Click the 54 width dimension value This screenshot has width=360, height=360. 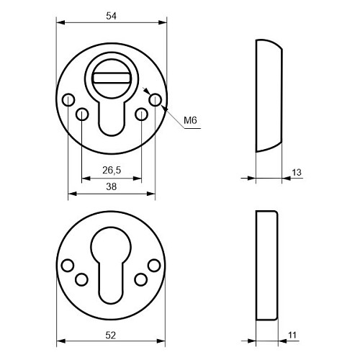click(111, 15)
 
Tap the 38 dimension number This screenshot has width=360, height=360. click(111, 186)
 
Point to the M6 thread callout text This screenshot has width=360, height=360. click(191, 120)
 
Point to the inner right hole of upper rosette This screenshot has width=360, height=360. click(142, 113)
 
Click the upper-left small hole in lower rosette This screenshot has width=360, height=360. click(68, 266)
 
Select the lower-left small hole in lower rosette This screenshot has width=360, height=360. click(80, 279)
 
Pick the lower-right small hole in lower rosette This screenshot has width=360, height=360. click(142, 279)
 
